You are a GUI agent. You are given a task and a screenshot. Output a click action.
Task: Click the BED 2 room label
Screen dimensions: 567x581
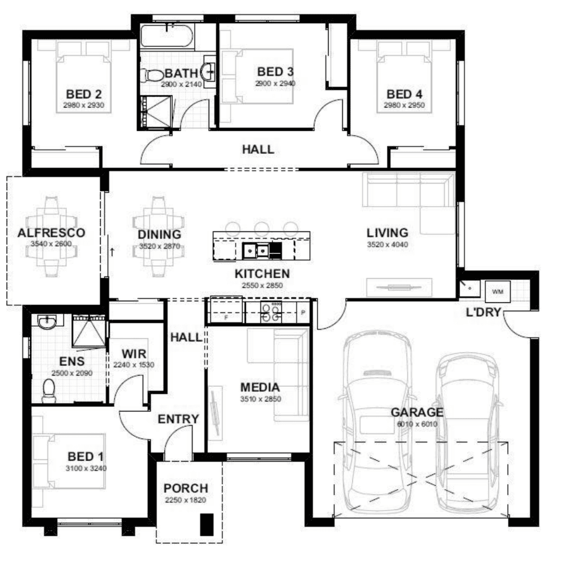(x=83, y=94)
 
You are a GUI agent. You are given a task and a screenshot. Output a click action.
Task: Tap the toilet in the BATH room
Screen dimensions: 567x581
(x=154, y=76)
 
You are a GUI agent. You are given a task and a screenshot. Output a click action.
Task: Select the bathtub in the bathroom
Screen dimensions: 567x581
(x=167, y=36)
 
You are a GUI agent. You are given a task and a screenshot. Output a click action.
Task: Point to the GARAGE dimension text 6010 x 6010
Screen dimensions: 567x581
(x=417, y=424)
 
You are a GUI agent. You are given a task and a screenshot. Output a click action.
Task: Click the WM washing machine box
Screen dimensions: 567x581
(x=498, y=292)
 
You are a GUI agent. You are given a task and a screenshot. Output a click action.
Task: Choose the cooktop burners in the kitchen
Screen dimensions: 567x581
(x=271, y=311)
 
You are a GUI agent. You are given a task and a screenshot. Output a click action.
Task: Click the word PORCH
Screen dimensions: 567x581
(x=186, y=488)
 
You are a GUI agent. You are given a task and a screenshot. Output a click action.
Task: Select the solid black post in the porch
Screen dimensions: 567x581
(x=207, y=525)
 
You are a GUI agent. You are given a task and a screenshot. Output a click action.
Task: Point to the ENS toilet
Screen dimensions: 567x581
(x=48, y=391)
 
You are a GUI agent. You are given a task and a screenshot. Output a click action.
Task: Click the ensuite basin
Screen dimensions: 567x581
(x=47, y=322)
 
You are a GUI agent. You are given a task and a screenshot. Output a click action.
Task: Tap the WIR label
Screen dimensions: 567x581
(x=134, y=353)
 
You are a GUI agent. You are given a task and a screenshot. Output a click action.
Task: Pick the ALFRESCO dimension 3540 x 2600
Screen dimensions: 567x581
(x=51, y=244)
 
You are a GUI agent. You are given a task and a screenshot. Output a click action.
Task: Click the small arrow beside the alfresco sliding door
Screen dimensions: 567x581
(x=112, y=252)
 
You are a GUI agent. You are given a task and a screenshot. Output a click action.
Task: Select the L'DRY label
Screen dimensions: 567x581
(x=483, y=313)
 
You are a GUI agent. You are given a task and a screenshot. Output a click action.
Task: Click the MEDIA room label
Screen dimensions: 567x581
(x=260, y=387)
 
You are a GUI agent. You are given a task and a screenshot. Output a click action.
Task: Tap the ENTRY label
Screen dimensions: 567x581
(x=178, y=419)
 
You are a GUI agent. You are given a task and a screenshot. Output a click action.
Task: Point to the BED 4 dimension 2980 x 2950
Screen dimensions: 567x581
(x=404, y=105)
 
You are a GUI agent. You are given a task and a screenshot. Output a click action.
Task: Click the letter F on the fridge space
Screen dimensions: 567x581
(x=226, y=317)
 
